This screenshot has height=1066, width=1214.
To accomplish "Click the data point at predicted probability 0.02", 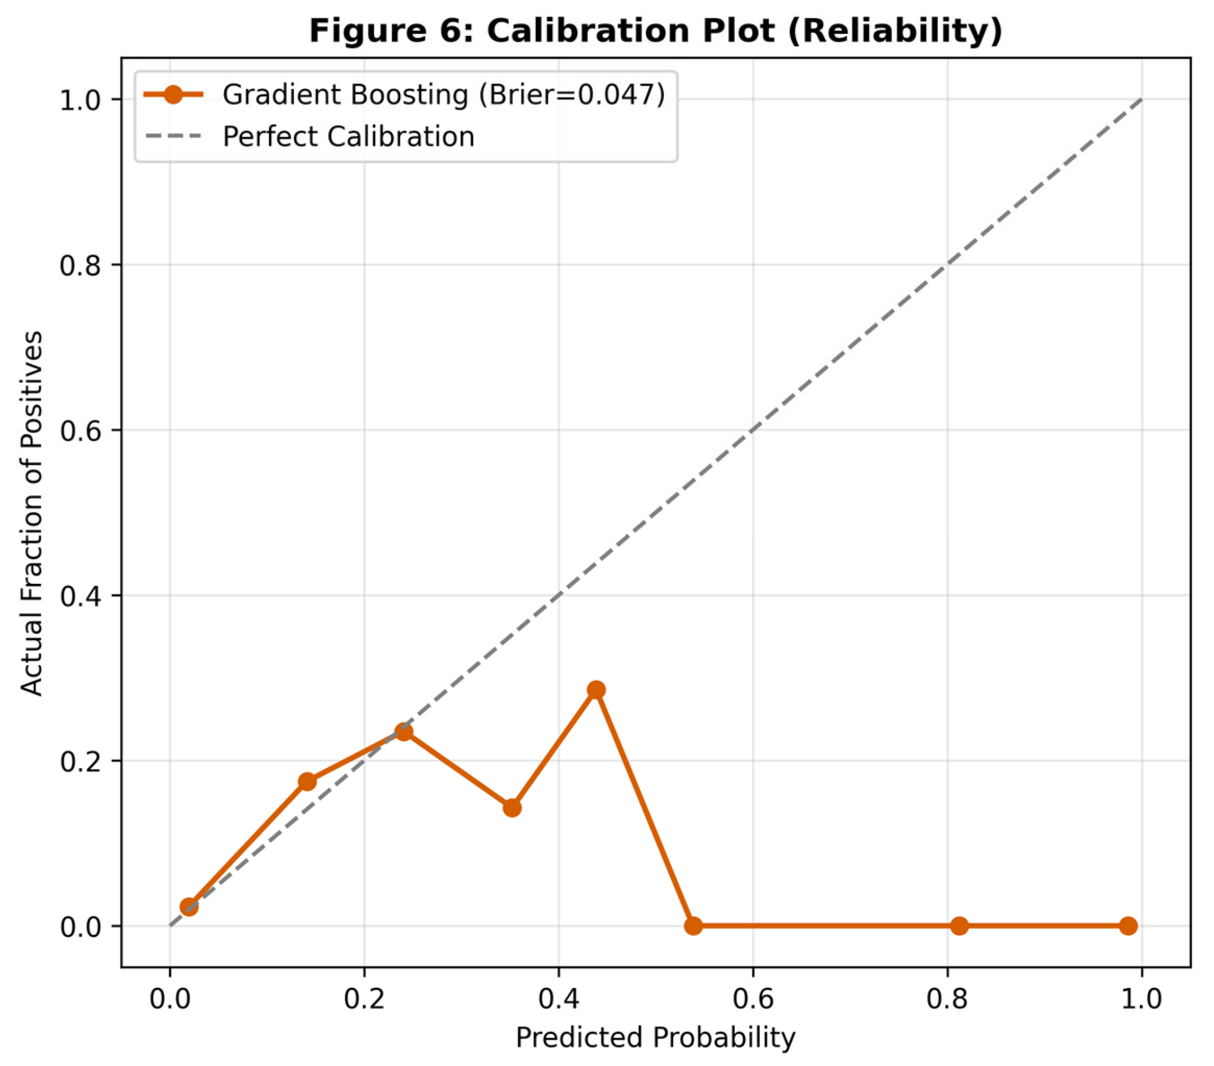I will point(189,907).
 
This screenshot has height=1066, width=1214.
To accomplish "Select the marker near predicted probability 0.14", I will point(307,782).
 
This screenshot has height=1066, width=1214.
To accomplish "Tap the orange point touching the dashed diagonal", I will point(404,732).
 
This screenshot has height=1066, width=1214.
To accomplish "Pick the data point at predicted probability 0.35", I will point(512,808).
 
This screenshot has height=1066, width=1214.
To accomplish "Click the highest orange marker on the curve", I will point(596,690).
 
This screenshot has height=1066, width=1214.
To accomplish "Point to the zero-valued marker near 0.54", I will point(693,926).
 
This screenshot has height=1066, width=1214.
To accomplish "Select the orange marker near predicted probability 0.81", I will point(959,926).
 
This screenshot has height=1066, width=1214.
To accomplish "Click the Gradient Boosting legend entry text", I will point(443,95).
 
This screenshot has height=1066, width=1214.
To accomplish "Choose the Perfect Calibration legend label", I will point(349,137).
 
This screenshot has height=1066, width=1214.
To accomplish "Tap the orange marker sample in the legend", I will point(173,95).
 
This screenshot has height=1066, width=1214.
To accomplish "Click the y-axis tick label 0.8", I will point(80,265).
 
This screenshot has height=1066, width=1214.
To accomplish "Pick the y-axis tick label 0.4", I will point(80,596).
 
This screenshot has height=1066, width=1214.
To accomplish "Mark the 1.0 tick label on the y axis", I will point(80,100).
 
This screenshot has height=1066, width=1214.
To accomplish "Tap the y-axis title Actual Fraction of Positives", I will point(32,513).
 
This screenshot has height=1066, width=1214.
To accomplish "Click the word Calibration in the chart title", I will point(630,31).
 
